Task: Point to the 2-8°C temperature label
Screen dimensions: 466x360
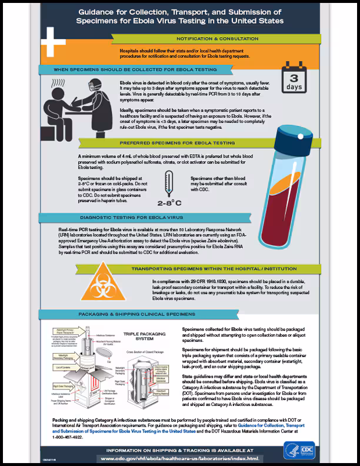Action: pos(169,205)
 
